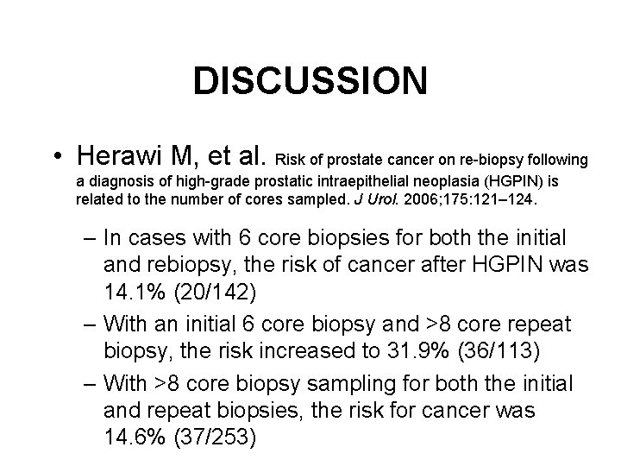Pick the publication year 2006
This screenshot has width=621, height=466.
point(411,199)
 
